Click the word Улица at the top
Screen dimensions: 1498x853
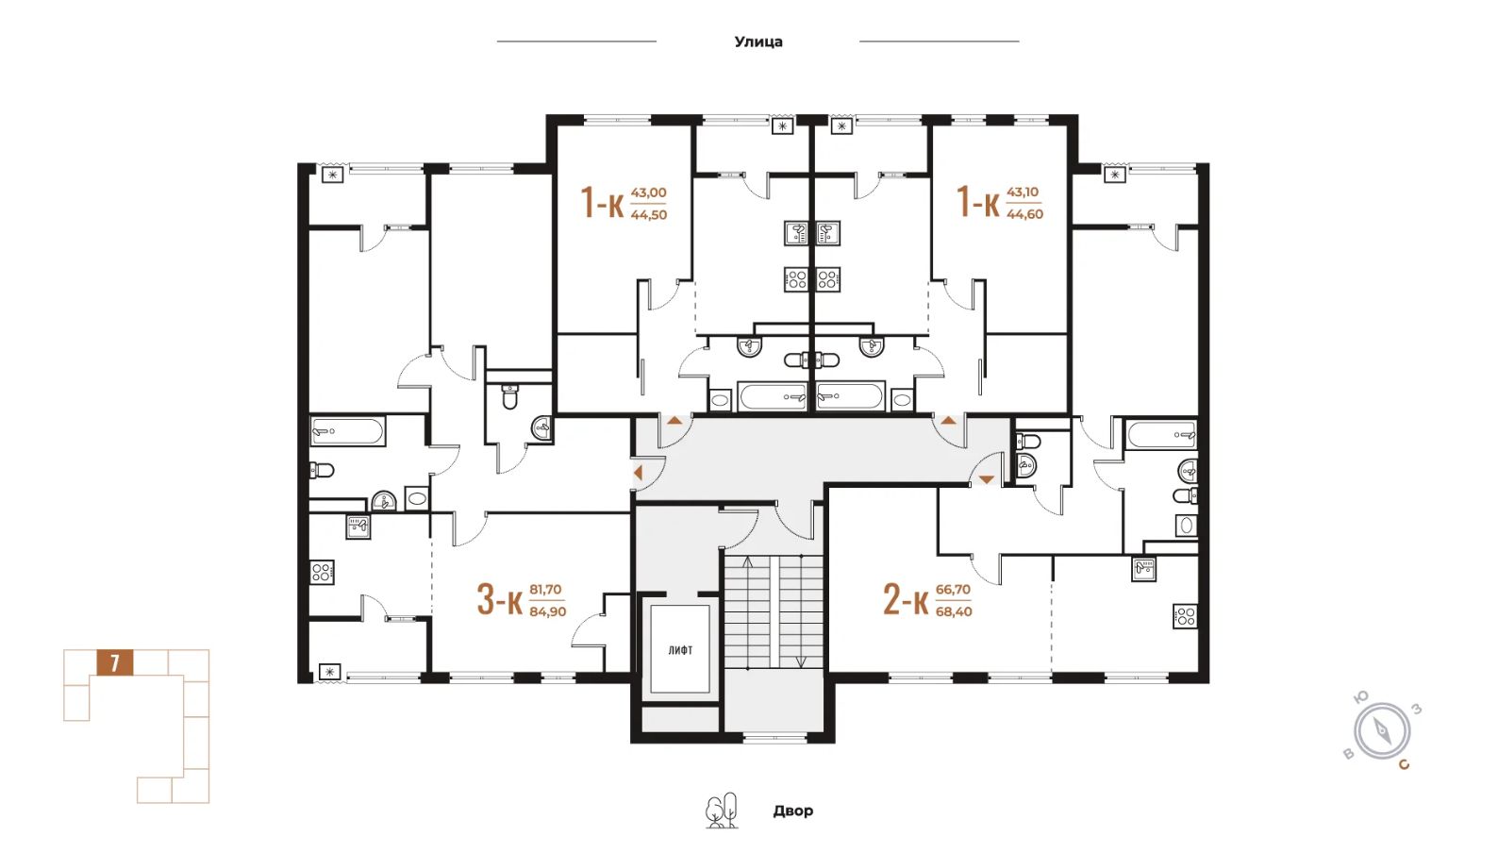(758, 42)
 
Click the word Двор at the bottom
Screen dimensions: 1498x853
(793, 811)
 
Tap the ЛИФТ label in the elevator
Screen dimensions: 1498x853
(680, 650)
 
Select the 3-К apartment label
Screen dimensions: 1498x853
(500, 599)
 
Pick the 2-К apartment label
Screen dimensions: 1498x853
(907, 599)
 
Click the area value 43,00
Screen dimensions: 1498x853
(649, 192)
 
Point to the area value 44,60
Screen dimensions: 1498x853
(1024, 214)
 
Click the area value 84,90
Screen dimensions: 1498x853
(548, 611)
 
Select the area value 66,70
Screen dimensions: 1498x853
(954, 590)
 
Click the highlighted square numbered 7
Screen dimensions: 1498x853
(115, 663)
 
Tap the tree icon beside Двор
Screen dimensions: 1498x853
(723, 811)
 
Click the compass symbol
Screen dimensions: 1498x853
(1382, 731)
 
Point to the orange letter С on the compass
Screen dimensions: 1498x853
(1404, 764)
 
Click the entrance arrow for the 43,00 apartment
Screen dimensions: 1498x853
(674, 421)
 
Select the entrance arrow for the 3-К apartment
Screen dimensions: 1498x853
(638, 473)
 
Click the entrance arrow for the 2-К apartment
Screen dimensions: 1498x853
(987, 479)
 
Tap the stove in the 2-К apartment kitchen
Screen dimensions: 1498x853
(1185, 616)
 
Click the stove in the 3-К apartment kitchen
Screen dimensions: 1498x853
(322, 572)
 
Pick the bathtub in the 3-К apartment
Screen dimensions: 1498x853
(348, 431)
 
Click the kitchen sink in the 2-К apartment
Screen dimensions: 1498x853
(1144, 569)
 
